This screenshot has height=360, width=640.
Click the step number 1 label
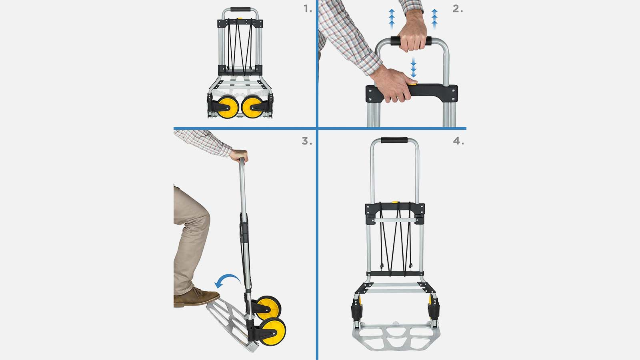coord(308,9)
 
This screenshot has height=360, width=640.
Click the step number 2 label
coord(458,9)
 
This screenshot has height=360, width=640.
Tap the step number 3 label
coord(307,141)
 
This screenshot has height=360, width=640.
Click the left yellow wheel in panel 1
coord(228,107)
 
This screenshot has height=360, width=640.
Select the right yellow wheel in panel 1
coord(252,107)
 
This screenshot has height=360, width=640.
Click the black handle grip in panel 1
coord(240,9)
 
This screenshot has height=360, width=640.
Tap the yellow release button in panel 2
coord(412,83)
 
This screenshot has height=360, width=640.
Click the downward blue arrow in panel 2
coord(413,68)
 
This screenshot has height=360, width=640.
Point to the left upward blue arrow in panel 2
coord(392,19)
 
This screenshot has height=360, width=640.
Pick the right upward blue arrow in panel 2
coord(434,19)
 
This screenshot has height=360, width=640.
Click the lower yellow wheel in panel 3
coord(272,332)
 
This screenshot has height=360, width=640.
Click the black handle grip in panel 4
coord(394,140)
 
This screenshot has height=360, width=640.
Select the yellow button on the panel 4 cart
coord(395,202)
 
